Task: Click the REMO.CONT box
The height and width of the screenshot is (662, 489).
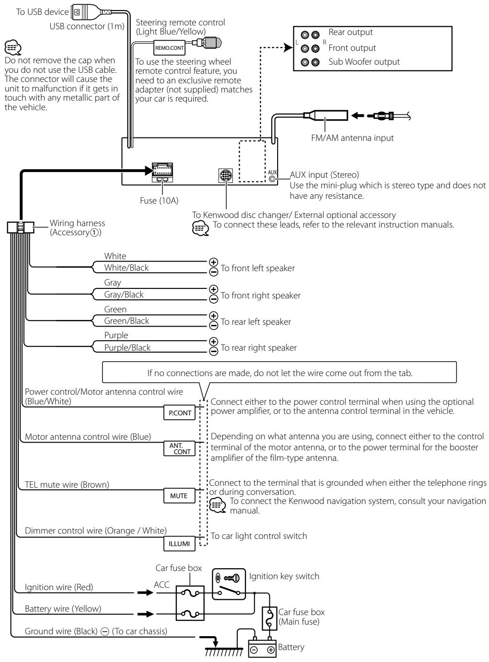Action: tap(169, 48)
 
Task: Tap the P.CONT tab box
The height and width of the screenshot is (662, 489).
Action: tap(179, 412)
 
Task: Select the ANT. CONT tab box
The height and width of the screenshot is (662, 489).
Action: tap(179, 448)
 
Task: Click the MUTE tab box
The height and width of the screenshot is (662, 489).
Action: tap(179, 496)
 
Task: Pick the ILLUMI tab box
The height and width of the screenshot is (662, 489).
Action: tap(179, 544)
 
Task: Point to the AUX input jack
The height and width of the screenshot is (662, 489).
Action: tap(272, 179)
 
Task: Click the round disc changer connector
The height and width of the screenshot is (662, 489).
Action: tap(225, 175)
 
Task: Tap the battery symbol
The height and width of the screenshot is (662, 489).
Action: tap(262, 648)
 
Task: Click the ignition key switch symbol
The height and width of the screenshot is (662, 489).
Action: tap(229, 584)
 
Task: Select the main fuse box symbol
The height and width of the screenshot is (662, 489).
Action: tap(269, 618)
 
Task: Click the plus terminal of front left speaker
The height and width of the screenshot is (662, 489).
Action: tap(213, 262)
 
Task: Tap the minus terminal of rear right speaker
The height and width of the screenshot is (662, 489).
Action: tap(214, 351)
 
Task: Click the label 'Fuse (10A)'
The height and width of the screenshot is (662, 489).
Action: tap(159, 200)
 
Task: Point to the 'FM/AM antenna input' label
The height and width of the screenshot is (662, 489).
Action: tap(352, 137)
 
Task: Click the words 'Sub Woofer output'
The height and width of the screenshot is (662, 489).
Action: tap(364, 61)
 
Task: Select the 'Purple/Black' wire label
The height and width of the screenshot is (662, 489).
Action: tap(127, 347)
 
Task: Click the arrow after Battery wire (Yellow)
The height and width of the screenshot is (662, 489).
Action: tap(146, 614)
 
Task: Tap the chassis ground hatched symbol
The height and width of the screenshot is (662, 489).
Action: tap(224, 651)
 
